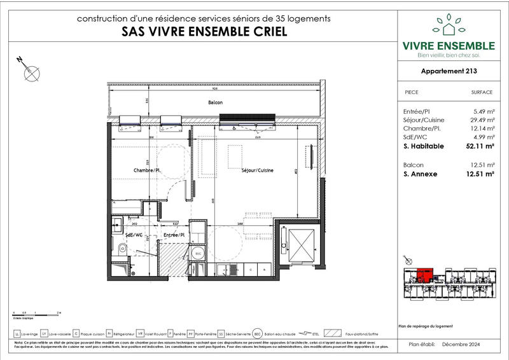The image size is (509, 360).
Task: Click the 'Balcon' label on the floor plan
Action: click(216, 102)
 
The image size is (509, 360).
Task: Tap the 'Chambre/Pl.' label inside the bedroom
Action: click(146, 170)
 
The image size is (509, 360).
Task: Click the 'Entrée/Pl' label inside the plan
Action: click(174, 235)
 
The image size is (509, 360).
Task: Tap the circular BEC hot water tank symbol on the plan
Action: click(198, 253)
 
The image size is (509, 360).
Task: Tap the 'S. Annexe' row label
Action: click(421, 173)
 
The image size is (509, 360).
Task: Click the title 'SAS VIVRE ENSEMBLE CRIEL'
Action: click(203, 32)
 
